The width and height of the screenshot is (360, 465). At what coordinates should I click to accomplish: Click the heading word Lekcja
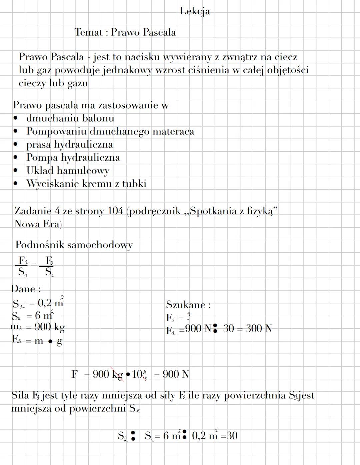click(x=195, y=11)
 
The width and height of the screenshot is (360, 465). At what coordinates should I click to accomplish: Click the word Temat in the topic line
click(x=88, y=32)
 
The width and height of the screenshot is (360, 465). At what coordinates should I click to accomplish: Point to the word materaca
click(x=173, y=131)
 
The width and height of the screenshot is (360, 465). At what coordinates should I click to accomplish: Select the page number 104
click(x=115, y=211)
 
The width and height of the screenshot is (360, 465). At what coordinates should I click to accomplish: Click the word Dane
click(x=23, y=289)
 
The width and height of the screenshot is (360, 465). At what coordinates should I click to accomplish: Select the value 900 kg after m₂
click(x=49, y=327)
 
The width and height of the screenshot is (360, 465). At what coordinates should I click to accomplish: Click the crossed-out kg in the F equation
click(x=117, y=375)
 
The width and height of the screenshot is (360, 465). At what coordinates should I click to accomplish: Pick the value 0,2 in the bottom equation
click(x=199, y=436)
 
